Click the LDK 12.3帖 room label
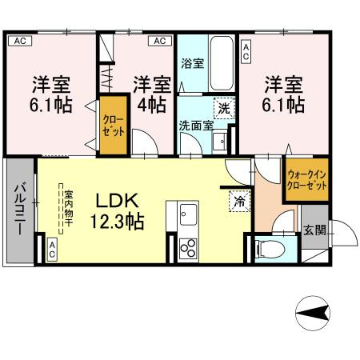[x=115, y=210]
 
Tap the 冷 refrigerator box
[x=238, y=202]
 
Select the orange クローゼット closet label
[x=112, y=126]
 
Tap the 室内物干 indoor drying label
[x=68, y=210]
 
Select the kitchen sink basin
[x=189, y=214]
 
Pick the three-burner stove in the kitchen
[x=188, y=248]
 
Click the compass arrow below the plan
[x=315, y=312]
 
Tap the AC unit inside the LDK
[x=51, y=250]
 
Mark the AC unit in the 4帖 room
[x=159, y=40]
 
